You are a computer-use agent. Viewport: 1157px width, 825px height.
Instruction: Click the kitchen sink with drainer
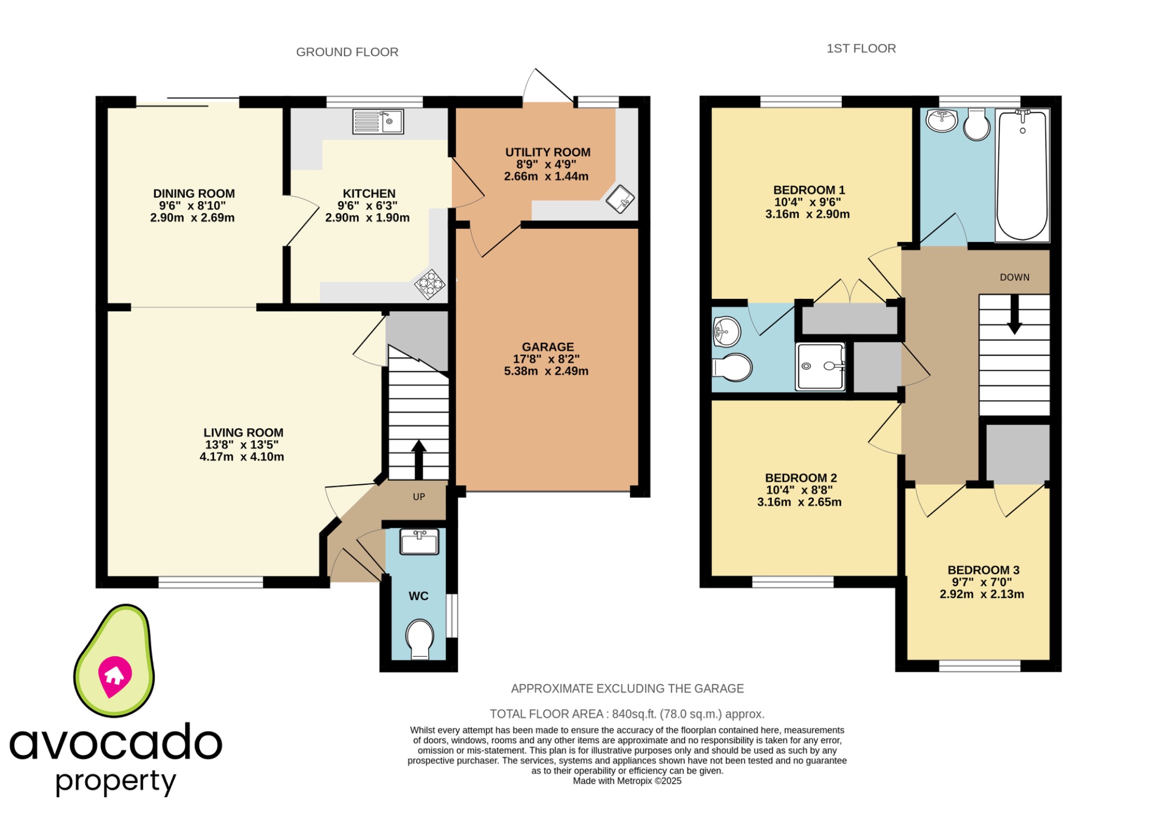point(377,121)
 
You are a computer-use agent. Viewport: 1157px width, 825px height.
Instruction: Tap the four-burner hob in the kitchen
point(429,284)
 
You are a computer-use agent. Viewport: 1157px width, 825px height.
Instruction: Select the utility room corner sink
point(620,199)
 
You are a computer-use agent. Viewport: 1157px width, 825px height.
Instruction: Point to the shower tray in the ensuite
point(820,366)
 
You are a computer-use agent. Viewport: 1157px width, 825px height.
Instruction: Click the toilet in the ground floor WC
point(420,639)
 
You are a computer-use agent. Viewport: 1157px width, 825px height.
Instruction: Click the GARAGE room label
point(547,347)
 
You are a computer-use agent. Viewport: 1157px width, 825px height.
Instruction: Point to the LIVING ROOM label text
point(243,432)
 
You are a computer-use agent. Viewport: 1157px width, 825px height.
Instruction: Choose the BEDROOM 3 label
point(983,570)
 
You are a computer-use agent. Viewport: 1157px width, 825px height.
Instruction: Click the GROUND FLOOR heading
point(347,52)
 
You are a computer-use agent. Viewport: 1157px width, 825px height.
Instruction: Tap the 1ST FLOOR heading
point(861,49)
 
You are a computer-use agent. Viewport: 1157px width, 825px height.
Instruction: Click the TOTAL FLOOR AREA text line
point(627,714)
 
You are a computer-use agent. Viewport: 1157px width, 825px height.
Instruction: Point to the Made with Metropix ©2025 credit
point(627,781)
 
